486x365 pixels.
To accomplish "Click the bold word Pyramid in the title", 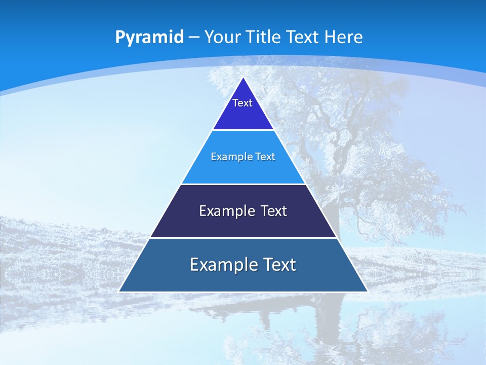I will point(149,38).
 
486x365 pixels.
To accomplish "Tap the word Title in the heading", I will point(264,37).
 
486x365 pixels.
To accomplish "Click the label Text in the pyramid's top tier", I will point(242,103).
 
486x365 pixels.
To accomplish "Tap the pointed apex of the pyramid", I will point(244,78).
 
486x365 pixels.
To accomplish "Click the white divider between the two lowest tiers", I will point(243,238).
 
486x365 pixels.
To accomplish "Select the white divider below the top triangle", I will point(243,130).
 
